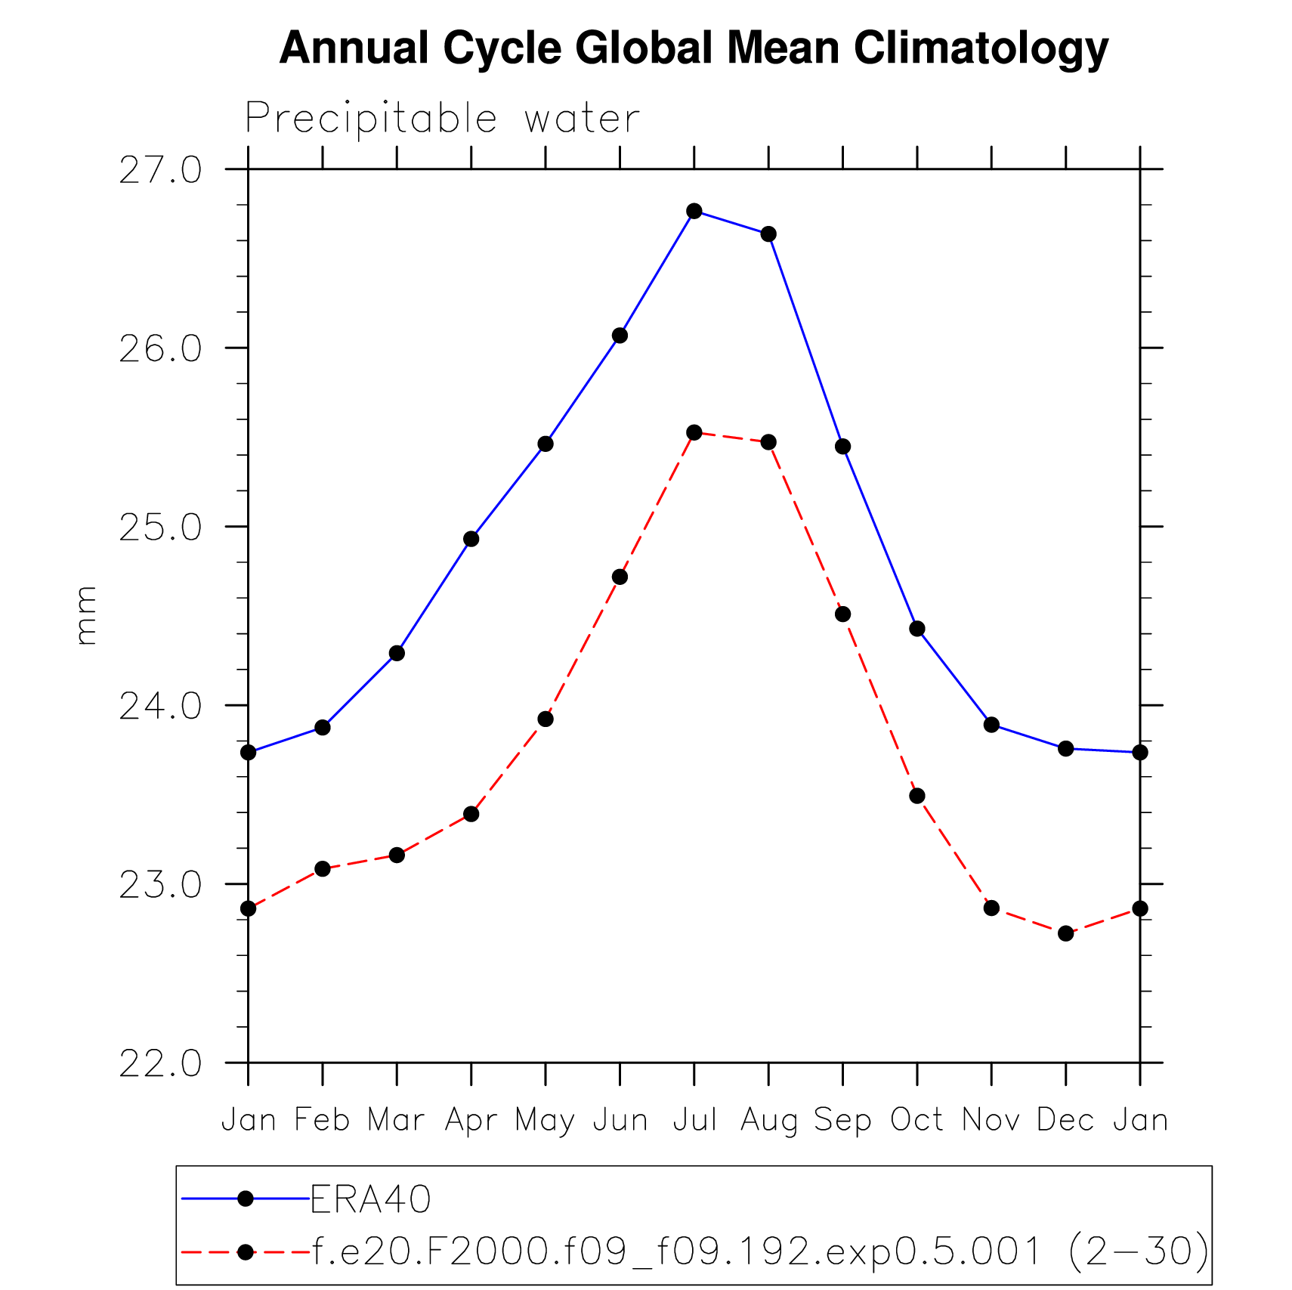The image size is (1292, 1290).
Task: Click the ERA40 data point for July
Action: (694, 211)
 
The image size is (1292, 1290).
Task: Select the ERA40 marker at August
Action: (768, 234)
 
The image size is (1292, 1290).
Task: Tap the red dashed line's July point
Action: (694, 432)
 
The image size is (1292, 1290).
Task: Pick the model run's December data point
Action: (1066, 933)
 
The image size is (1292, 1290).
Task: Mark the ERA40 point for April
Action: (471, 539)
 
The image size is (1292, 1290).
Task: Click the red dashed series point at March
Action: (397, 855)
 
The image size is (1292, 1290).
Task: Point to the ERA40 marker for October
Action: (917, 629)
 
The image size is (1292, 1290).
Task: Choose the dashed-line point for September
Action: (843, 614)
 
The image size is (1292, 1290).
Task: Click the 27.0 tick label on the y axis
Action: (160, 170)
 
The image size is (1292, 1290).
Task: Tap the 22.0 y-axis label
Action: (160, 1064)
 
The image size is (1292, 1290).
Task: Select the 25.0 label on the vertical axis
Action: (160, 527)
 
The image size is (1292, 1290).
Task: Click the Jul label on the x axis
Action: (694, 1119)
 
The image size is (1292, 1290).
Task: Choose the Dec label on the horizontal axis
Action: (1065, 1119)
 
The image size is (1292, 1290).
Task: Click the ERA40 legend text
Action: (371, 1199)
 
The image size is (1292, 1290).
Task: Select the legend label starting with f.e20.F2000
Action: (760, 1252)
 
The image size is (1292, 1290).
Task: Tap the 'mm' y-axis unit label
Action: (86, 615)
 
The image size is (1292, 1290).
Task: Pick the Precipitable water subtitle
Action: (443, 119)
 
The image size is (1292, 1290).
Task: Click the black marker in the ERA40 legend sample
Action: (246, 1199)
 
